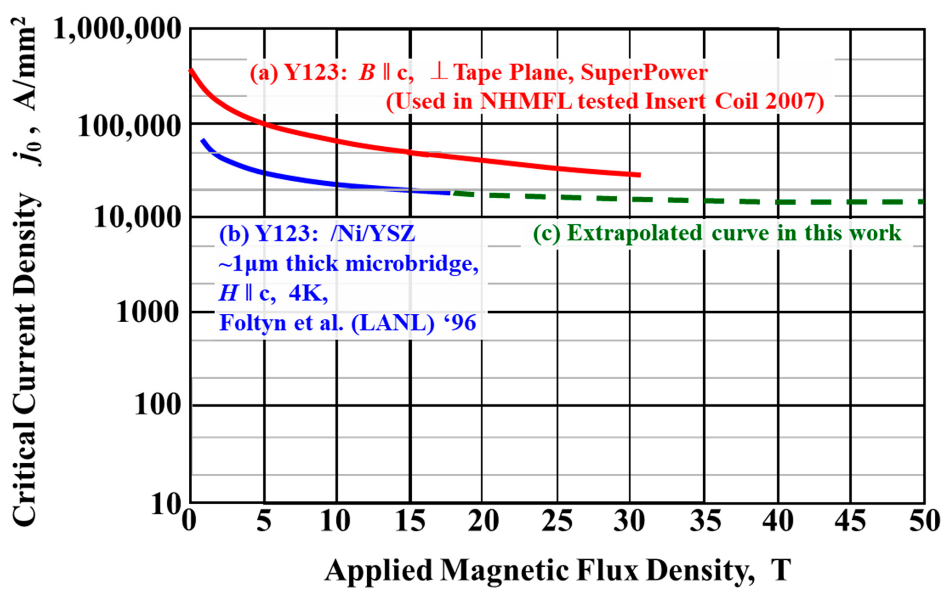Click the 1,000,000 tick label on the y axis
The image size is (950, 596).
pyautogui.click(x=117, y=29)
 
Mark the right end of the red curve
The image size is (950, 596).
pyautogui.click(x=639, y=175)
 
